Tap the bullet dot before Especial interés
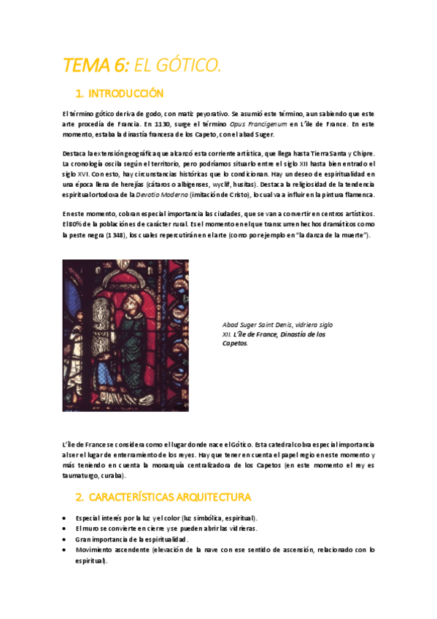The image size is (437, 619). (x=66, y=518)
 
